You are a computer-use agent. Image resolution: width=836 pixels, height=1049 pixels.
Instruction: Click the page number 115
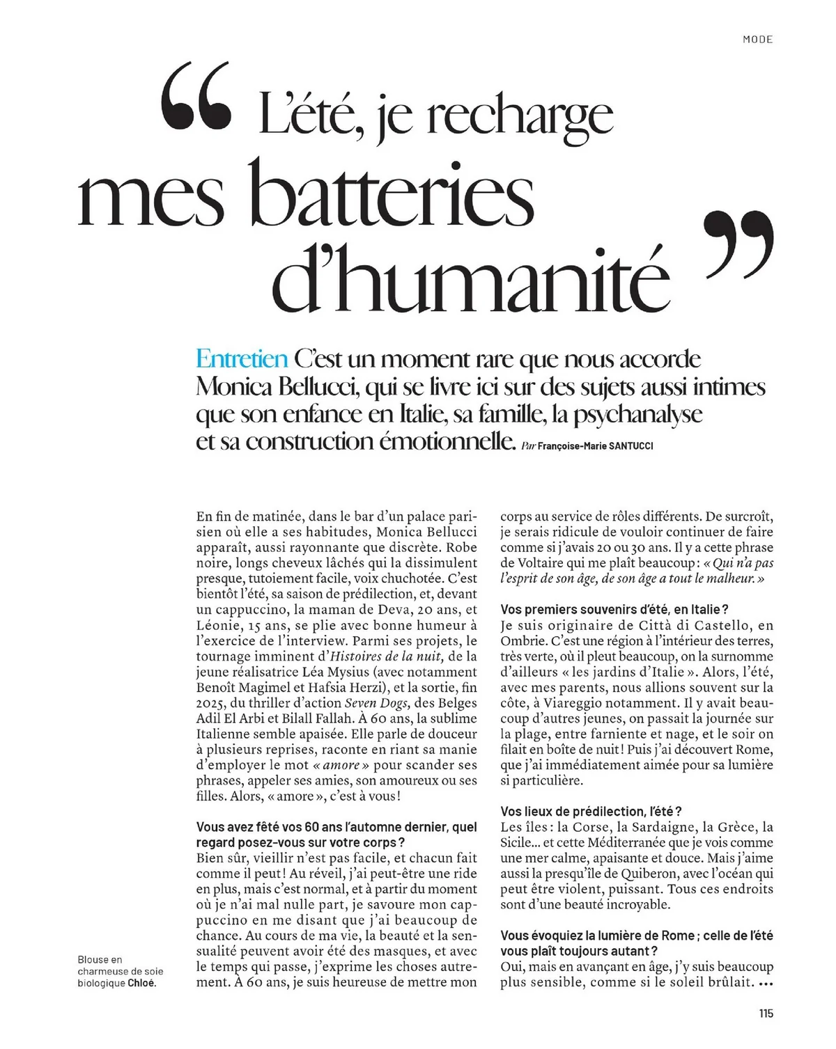[x=766, y=1013]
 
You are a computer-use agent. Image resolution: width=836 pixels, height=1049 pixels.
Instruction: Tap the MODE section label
[x=757, y=39]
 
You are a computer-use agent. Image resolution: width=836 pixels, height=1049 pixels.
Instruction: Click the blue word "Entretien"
[x=242, y=359]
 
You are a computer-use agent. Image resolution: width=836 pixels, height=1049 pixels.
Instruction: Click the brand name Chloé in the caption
[x=142, y=984]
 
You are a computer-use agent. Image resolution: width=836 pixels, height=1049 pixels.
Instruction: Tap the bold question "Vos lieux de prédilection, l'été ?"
[x=591, y=812]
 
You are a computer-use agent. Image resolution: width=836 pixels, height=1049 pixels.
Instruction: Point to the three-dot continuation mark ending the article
[x=765, y=984]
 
